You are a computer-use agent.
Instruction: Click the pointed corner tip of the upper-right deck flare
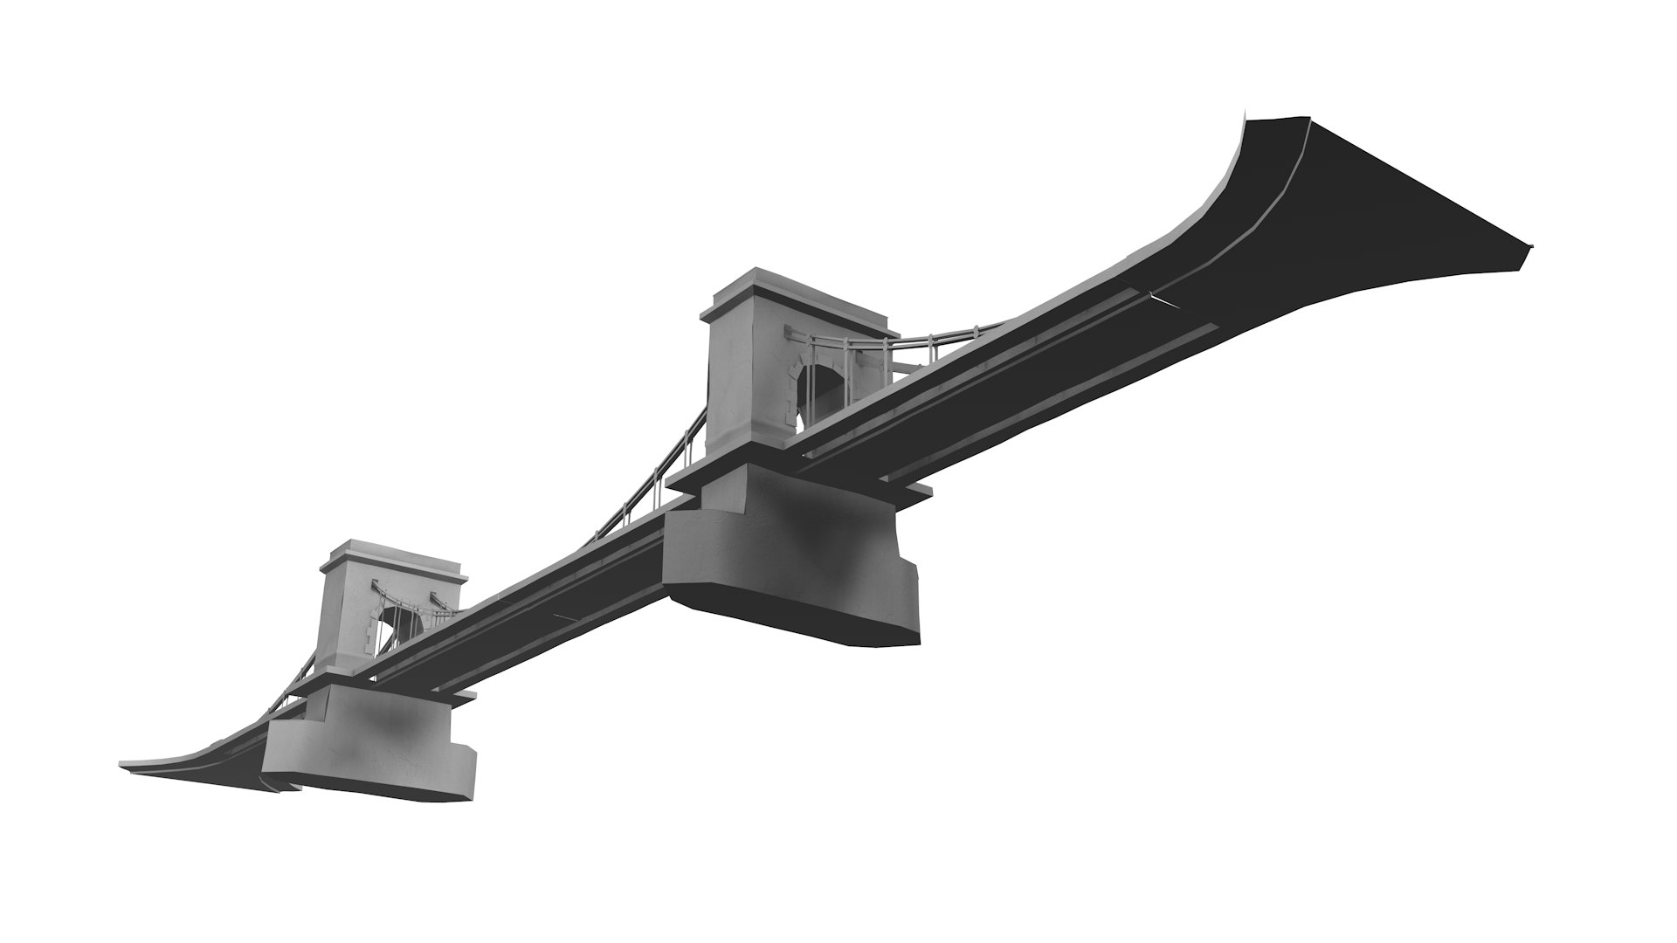click(1530, 246)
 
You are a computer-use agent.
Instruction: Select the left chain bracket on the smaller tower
click(377, 587)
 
